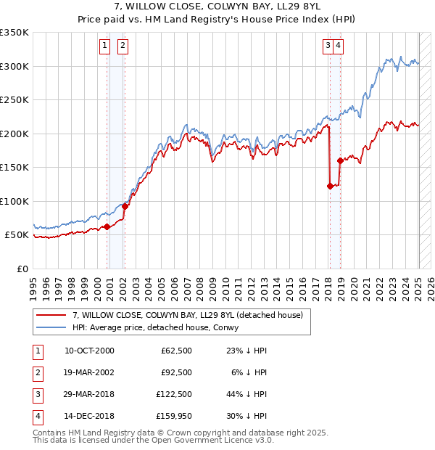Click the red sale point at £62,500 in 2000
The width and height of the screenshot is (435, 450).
click(x=107, y=226)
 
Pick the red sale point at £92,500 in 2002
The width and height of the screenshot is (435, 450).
click(x=125, y=206)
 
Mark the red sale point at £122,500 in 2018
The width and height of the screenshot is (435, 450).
click(x=330, y=186)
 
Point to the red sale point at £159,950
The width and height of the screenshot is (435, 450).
click(x=339, y=160)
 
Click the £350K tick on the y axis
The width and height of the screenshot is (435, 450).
click(x=15, y=33)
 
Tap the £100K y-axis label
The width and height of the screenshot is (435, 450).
click(x=15, y=201)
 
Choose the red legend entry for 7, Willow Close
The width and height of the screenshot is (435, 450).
click(x=191, y=314)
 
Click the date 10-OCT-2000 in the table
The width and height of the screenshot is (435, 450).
click(x=89, y=351)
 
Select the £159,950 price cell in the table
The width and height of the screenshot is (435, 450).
click(x=173, y=416)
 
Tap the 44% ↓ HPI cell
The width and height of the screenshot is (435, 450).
click(x=246, y=394)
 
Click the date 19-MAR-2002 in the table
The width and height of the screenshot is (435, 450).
click(x=89, y=372)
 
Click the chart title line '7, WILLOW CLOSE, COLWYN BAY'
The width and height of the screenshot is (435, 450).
click(x=217, y=7)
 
